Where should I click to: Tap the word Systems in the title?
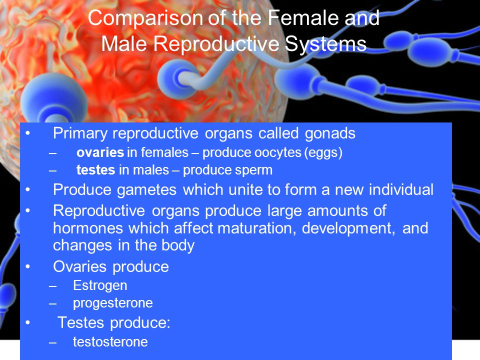tap(325, 44)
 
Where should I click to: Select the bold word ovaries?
tap(100, 152)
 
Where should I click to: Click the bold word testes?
tap(95, 170)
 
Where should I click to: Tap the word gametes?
tap(146, 190)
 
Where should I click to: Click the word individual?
tap(401, 189)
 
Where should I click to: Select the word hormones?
tap(87, 228)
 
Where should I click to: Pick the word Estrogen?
tap(100, 286)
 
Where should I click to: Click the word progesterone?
tap(112, 303)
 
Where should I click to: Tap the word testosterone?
tap(110, 342)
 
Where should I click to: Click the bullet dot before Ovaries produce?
tap(28, 266)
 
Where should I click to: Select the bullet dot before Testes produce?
tap(28, 322)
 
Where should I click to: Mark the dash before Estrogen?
tap(52, 286)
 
